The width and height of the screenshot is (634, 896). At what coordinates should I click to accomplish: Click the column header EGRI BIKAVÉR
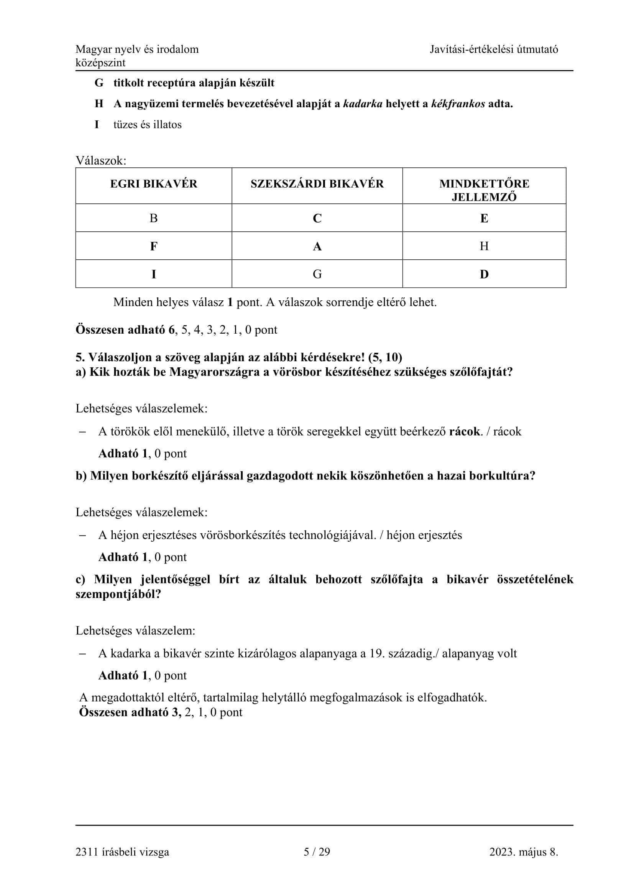(x=153, y=184)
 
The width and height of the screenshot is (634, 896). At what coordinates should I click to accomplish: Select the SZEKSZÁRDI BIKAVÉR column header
(x=317, y=184)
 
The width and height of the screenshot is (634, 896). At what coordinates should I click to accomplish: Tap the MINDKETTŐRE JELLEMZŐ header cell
(x=484, y=190)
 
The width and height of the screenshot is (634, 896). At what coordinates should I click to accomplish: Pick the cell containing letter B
(x=153, y=218)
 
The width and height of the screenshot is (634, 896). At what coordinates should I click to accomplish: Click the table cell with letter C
(x=317, y=218)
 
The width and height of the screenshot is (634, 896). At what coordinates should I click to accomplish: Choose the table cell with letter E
(x=484, y=218)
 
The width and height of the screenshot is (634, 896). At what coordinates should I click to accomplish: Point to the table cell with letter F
(x=153, y=246)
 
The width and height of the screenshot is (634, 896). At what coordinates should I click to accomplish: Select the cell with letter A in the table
(x=317, y=246)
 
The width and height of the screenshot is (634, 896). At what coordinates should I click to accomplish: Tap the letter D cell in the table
(x=484, y=274)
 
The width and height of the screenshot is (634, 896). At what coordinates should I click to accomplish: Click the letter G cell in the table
(x=317, y=274)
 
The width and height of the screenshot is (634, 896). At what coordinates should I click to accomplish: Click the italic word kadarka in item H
(x=363, y=104)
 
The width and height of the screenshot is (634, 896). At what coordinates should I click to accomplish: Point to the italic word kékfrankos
(x=458, y=104)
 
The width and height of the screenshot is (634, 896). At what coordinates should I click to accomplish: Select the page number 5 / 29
(x=317, y=852)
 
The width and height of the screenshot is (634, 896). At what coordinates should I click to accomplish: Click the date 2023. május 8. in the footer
(x=524, y=852)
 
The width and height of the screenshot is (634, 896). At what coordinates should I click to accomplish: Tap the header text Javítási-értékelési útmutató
(x=494, y=49)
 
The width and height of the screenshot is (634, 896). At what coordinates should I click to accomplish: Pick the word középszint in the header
(x=100, y=63)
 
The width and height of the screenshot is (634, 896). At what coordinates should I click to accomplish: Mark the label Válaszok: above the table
(x=101, y=161)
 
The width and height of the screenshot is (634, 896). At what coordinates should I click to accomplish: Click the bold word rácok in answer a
(x=465, y=431)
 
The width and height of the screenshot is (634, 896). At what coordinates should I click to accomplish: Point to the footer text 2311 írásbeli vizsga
(x=122, y=852)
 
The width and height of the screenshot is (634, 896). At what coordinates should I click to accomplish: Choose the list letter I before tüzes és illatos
(x=97, y=124)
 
